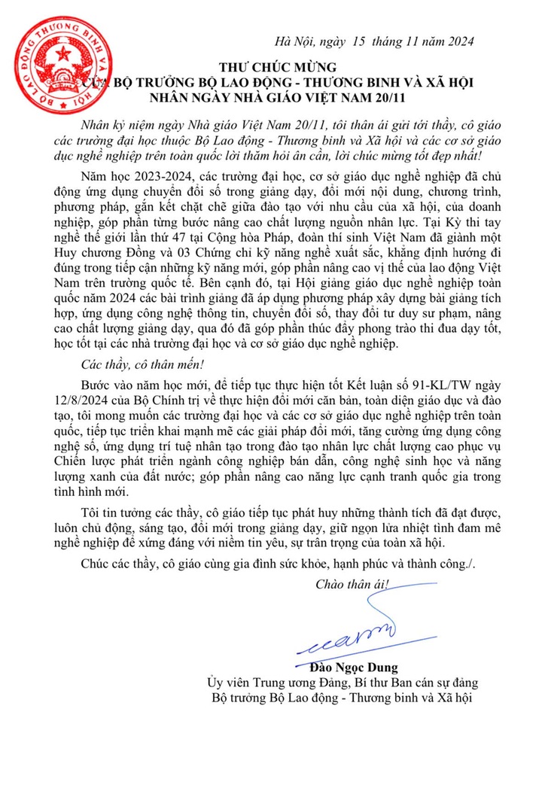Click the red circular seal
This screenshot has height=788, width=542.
52,53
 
